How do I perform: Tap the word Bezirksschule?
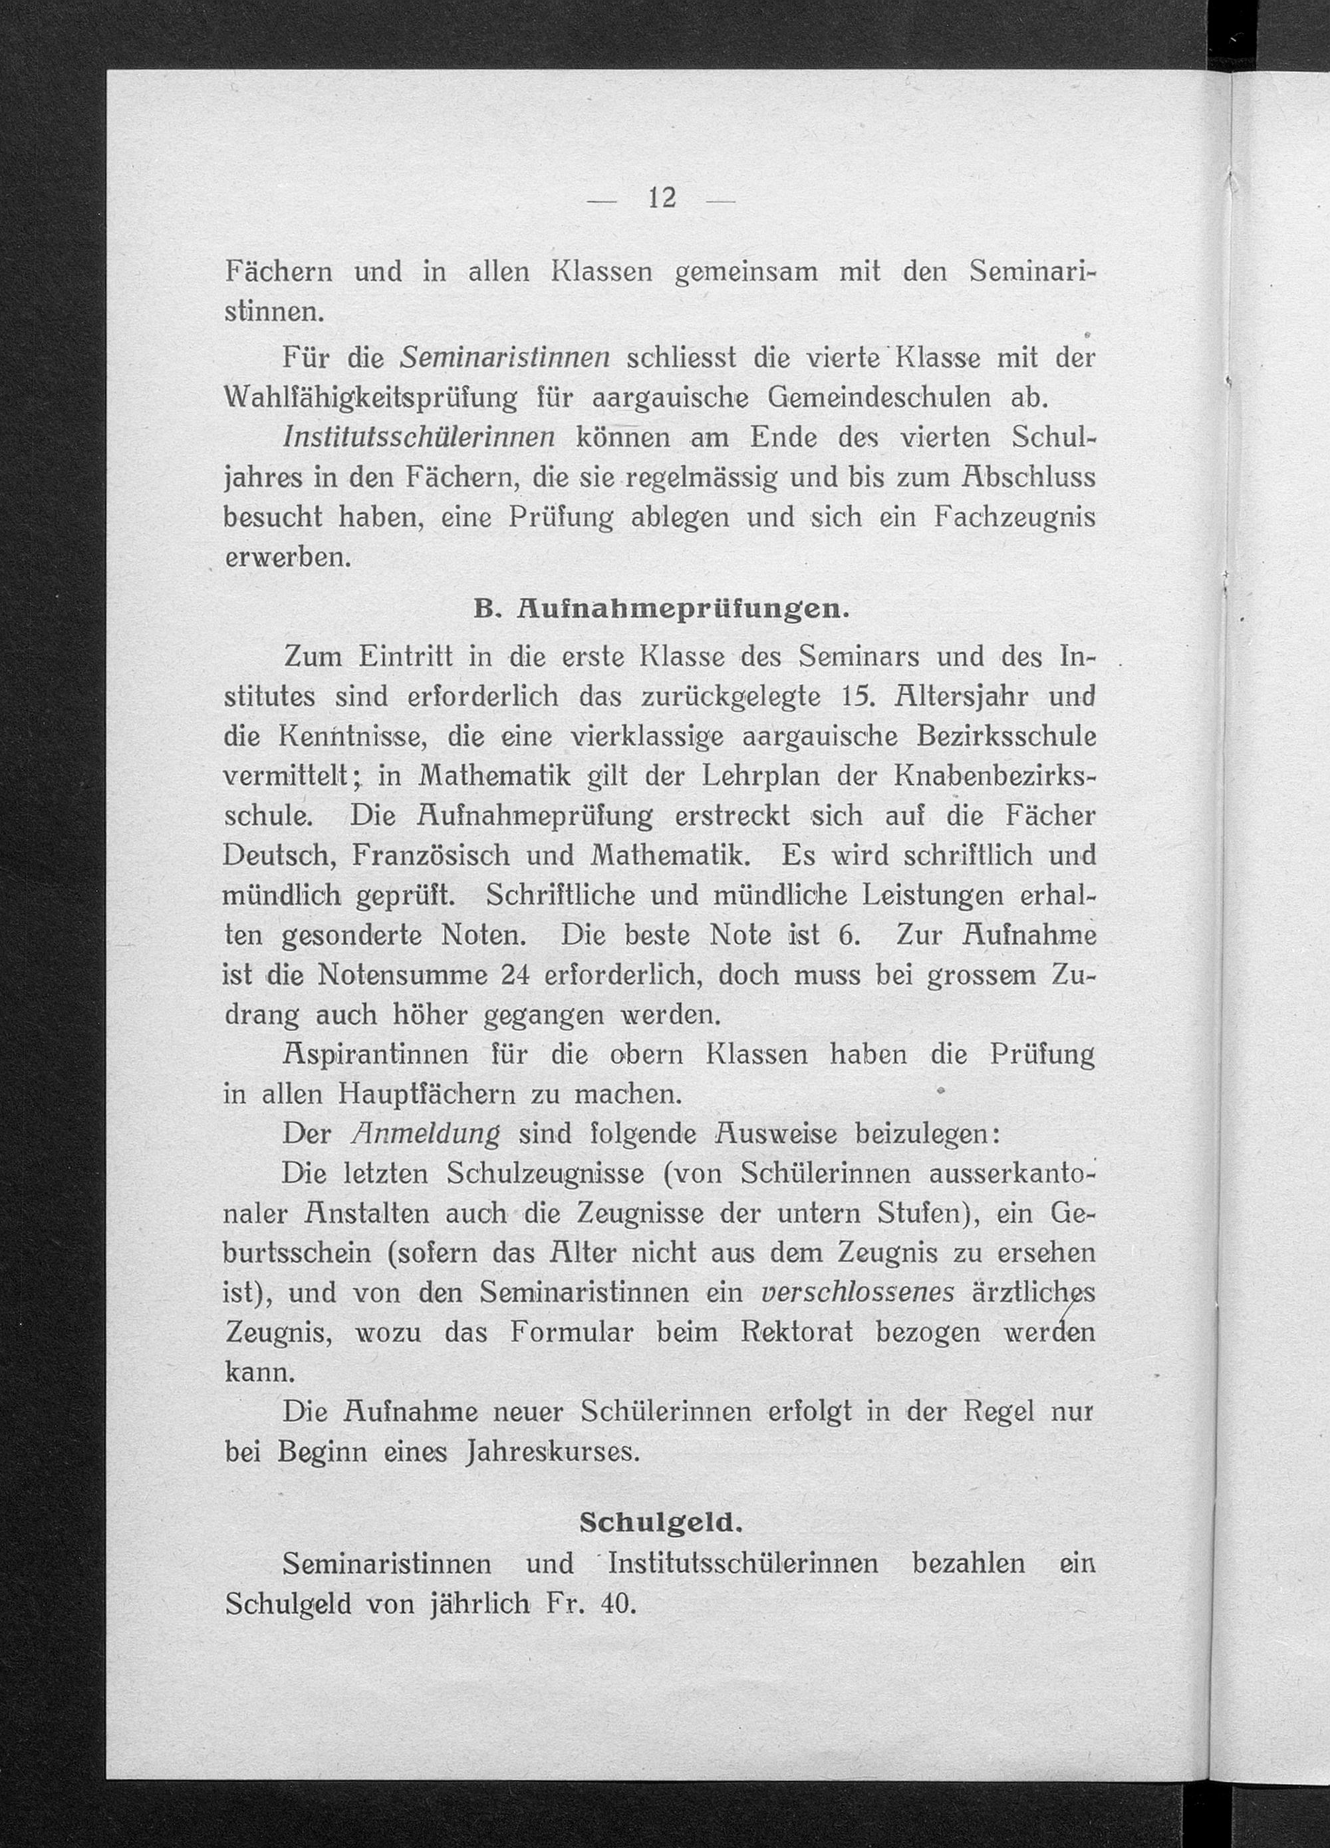tap(1005, 736)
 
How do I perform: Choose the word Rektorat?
tap(797, 1332)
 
